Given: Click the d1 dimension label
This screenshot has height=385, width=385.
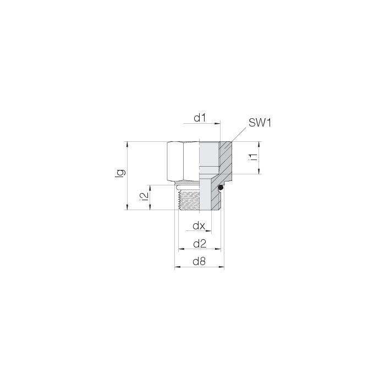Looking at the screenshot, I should tap(199, 118).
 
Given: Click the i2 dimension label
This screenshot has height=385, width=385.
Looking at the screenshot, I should tap(144, 197).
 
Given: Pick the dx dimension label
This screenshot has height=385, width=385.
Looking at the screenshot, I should tap(198, 226).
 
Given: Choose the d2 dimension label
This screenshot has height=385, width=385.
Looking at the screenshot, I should tap(199, 244).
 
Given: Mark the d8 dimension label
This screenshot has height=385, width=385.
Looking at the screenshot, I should tap(199, 262).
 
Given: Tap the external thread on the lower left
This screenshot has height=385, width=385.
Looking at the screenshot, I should tap(186, 199).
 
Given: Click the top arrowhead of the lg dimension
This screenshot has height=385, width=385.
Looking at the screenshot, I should tap(128, 144).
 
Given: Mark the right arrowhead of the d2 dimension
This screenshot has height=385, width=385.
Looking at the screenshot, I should tap(218, 250).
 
